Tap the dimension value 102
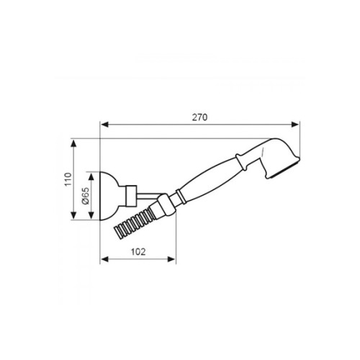coord(139,251)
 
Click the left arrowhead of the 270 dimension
coord(103,124)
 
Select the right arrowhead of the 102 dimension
coord(173,259)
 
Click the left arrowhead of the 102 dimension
coord(103,259)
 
